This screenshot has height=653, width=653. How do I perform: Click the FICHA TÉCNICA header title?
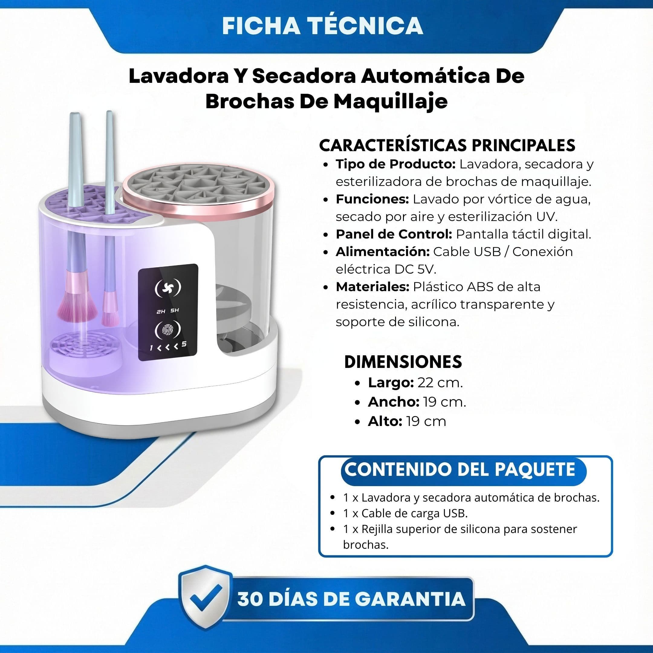click(x=323, y=26)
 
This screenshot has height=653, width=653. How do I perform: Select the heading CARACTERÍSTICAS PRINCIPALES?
click(x=447, y=145)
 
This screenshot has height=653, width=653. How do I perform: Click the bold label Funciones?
click(x=372, y=200)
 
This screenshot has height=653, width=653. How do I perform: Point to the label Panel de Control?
click(x=394, y=234)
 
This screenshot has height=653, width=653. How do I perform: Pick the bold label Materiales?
click(x=372, y=287)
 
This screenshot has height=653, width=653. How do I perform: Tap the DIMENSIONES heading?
click(x=403, y=362)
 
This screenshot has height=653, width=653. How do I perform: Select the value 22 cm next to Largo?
click(x=440, y=383)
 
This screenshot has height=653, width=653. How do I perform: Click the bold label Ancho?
click(x=393, y=402)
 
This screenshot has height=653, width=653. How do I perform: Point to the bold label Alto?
click(x=385, y=421)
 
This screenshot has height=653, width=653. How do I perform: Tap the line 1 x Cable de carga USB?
click(x=405, y=513)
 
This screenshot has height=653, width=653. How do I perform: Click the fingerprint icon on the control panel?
click(x=168, y=330)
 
